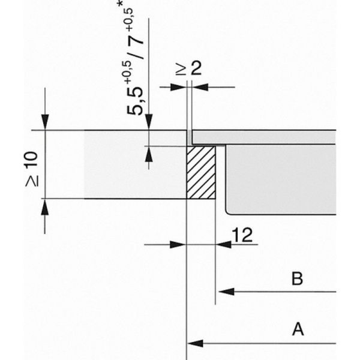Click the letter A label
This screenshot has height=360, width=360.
[x=298, y=329]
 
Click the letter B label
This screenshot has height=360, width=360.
[x=297, y=278]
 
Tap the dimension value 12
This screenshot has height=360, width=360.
[x=242, y=235]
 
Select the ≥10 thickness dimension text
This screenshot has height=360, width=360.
[x=32, y=169]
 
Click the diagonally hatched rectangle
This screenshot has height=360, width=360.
[x=201, y=172]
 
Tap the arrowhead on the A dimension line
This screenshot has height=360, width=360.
[x=196, y=343]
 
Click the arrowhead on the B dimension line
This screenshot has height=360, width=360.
[x=226, y=292]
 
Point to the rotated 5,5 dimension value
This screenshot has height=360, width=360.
[x=135, y=101]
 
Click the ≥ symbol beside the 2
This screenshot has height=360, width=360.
[x=181, y=70]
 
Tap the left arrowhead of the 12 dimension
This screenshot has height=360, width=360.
[x=178, y=245]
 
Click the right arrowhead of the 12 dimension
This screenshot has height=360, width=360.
[x=224, y=245]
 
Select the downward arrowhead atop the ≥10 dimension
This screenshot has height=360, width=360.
[x=45, y=122]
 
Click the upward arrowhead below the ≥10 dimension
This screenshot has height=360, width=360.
[x=45, y=207]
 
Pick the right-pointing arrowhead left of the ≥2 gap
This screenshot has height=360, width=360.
[x=178, y=87]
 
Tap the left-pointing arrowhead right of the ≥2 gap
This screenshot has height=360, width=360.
[x=200, y=87]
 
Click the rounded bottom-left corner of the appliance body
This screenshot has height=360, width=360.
[x=228, y=212]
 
